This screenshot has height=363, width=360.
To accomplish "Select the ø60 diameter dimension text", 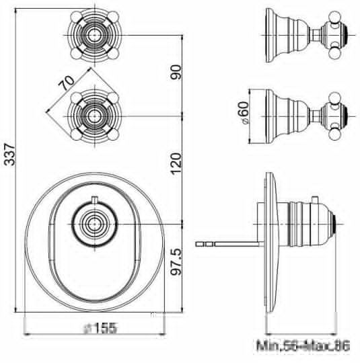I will coord(245,115).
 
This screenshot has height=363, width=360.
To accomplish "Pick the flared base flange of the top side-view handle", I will coord(273,33).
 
